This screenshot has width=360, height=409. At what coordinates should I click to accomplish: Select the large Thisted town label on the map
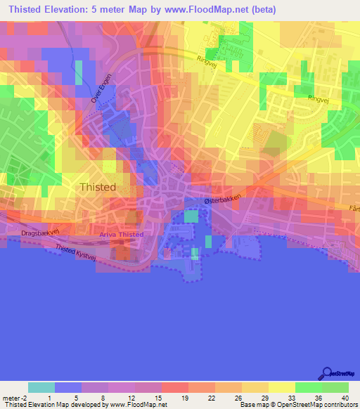coord(97,188)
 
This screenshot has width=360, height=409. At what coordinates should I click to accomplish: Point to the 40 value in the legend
coord(345,398)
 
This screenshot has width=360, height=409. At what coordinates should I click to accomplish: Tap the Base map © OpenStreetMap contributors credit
coord(298,405)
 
